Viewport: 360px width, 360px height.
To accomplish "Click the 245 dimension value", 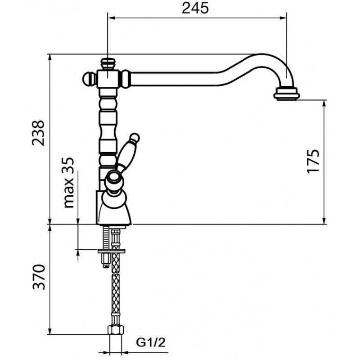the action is [x=195, y=8].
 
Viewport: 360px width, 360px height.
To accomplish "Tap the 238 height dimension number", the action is [x=38, y=133].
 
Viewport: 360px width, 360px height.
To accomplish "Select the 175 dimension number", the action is [x=313, y=161].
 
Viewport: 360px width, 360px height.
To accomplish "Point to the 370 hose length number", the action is [x=39, y=277].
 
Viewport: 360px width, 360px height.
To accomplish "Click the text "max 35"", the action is [x=69, y=183].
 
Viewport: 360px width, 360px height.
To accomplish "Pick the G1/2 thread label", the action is [x=151, y=342].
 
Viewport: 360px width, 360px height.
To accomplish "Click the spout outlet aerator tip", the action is [x=286, y=94].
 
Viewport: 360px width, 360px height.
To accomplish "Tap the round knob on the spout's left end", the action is [x=87, y=79].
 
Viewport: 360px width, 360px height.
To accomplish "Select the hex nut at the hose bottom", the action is [x=116, y=329].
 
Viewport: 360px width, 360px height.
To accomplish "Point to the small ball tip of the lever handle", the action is [x=134, y=138].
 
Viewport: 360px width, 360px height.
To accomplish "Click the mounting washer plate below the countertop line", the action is [x=112, y=251].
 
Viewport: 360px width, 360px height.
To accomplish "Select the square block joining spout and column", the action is [x=108, y=79].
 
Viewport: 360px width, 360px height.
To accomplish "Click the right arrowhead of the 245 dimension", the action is [x=284, y=18].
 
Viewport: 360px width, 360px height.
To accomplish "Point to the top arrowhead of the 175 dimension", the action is [x=324, y=103].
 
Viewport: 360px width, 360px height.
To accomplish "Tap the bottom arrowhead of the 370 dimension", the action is [x=49, y=331].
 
